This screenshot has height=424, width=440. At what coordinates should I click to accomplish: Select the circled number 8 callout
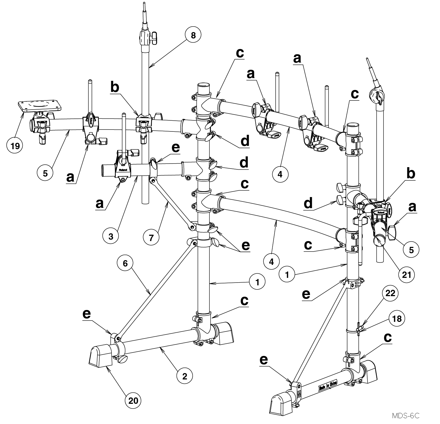[193, 36]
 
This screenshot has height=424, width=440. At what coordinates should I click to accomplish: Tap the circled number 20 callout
[133, 400]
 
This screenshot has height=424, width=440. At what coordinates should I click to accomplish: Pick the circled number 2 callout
[185, 376]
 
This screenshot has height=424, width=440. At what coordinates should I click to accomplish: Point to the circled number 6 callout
[125, 263]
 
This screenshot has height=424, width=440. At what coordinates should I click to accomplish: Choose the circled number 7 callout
[151, 237]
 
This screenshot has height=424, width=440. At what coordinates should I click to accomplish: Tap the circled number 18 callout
[397, 319]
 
